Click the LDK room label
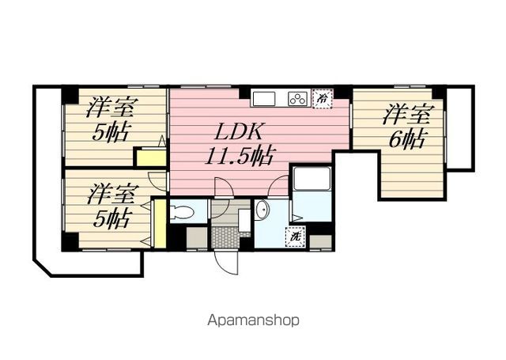[x=239, y=131]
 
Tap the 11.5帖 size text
[x=240, y=156]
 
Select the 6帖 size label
[x=406, y=138]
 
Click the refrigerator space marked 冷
[x=323, y=98]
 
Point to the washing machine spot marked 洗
[x=295, y=237]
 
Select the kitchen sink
[x=264, y=98]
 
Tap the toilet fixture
[x=182, y=212]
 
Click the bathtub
[x=312, y=179]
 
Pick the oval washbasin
[x=262, y=210]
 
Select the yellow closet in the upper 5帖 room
[x=151, y=158]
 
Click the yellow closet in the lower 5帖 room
[x=160, y=224]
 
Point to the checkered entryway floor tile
[x=225, y=237]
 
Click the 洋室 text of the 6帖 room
[x=407, y=114]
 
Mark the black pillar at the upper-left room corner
[x=70, y=95]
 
